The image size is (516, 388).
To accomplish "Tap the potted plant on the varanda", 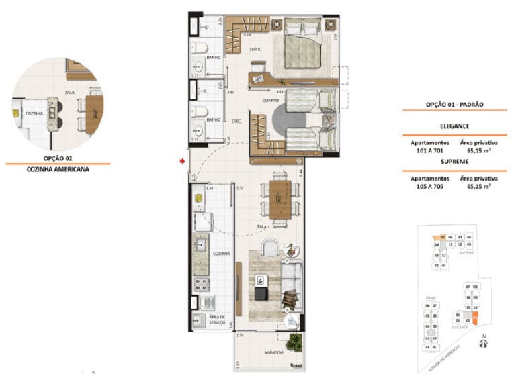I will [292, 340].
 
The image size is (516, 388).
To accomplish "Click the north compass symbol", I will [483, 343].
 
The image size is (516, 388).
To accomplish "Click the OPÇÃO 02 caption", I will [57, 158].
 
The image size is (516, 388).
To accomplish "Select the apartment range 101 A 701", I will [430, 151].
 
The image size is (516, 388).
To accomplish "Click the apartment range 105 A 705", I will [430, 187].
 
